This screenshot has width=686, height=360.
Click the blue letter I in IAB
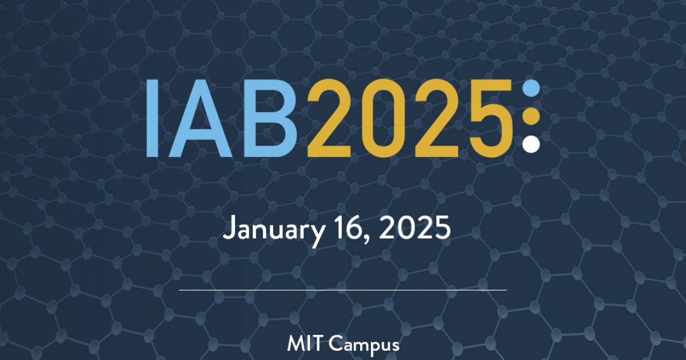pyautogui.click(x=151, y=118)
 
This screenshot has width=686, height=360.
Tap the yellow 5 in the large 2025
pyautogui.click(x=486, y=118)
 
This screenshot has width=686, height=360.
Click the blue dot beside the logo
pyautogui.click(x=531, y=89)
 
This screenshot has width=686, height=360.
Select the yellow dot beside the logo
pyautogui.click(x=531, y=117)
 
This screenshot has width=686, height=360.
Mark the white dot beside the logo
pyautogui.click(x=531, y=144)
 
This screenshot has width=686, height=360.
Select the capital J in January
pyautogui.click(x=229, y=230)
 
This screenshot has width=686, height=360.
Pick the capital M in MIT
pyautogui.click(x=296, y=345)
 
